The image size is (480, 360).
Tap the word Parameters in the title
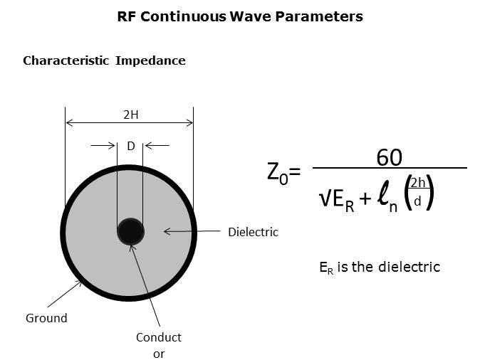(319, 16)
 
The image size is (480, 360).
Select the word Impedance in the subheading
(150, 60)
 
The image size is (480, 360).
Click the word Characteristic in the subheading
(66, 60)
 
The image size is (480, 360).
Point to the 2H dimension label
(131, 115)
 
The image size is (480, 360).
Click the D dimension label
(131, 146)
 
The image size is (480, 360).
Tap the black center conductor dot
(131, 231)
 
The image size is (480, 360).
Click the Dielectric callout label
(253, 232)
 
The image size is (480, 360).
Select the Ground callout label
(46, 318)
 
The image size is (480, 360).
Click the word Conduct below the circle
(159, 337)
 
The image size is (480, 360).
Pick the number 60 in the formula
(389, 157)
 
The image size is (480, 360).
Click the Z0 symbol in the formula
(277, 174)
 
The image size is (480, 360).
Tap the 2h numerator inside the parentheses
(418, 183)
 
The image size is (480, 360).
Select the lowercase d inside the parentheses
(417, 201)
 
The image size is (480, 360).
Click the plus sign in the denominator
(365, 198)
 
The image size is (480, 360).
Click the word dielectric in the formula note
(409, 267)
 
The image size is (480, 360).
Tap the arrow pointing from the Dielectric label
(192, 231)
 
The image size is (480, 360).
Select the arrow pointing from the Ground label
(65, 294)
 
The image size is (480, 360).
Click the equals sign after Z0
(295, 171)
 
